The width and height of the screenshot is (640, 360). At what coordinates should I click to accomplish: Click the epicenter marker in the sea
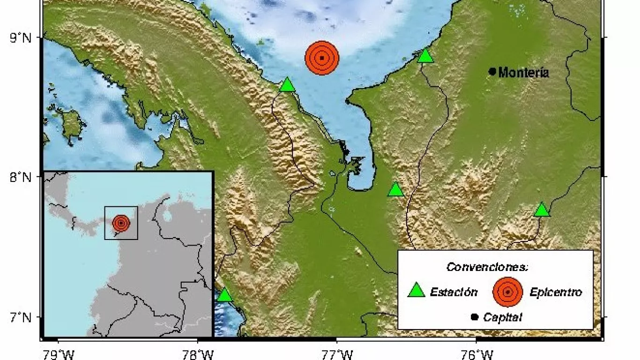click(x=321, y=58)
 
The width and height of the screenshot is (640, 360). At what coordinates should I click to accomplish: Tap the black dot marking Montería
click(x=492, y=71)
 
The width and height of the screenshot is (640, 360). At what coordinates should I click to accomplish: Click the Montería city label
click(x=523, y=73)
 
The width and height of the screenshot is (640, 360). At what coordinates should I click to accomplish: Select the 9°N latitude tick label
click(x=21, y=37)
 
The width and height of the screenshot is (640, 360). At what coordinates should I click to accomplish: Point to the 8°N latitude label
click(x=21, y=178)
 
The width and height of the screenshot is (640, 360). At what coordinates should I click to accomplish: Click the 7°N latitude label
click(x=21, y=317)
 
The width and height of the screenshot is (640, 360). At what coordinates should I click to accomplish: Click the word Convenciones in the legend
click(x=487, y=267)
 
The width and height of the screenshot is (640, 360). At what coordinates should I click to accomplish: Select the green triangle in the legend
click(x=416, y=291)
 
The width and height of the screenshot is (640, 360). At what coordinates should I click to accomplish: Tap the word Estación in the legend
click(x=454, y=292)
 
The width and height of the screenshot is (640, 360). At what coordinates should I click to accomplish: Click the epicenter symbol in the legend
click(x=507, y=292)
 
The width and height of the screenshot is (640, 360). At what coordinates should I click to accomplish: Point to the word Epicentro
click(x=556, y=292)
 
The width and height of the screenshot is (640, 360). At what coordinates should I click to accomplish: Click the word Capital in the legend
click(x=502, y=317)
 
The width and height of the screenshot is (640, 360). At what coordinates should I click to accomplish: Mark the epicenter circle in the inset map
click(x=121, y=223)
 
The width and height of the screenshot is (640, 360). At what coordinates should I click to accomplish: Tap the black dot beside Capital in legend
click(x=474, y=317)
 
